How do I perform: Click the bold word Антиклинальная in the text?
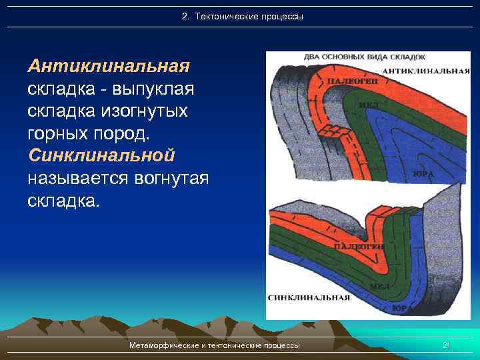(x=109, y=66)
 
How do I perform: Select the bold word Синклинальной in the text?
(x=101, y=156)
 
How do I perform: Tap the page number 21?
(x=447, y=345)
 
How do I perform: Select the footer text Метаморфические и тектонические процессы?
(x=215, y=345)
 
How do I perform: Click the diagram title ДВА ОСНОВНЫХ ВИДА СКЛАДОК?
(x=364, y=57)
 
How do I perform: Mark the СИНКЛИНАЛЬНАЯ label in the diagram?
(x=309, y=297)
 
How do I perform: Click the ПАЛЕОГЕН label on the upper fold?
(x=352, y=81)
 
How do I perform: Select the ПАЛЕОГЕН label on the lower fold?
(x=358, y=247)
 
